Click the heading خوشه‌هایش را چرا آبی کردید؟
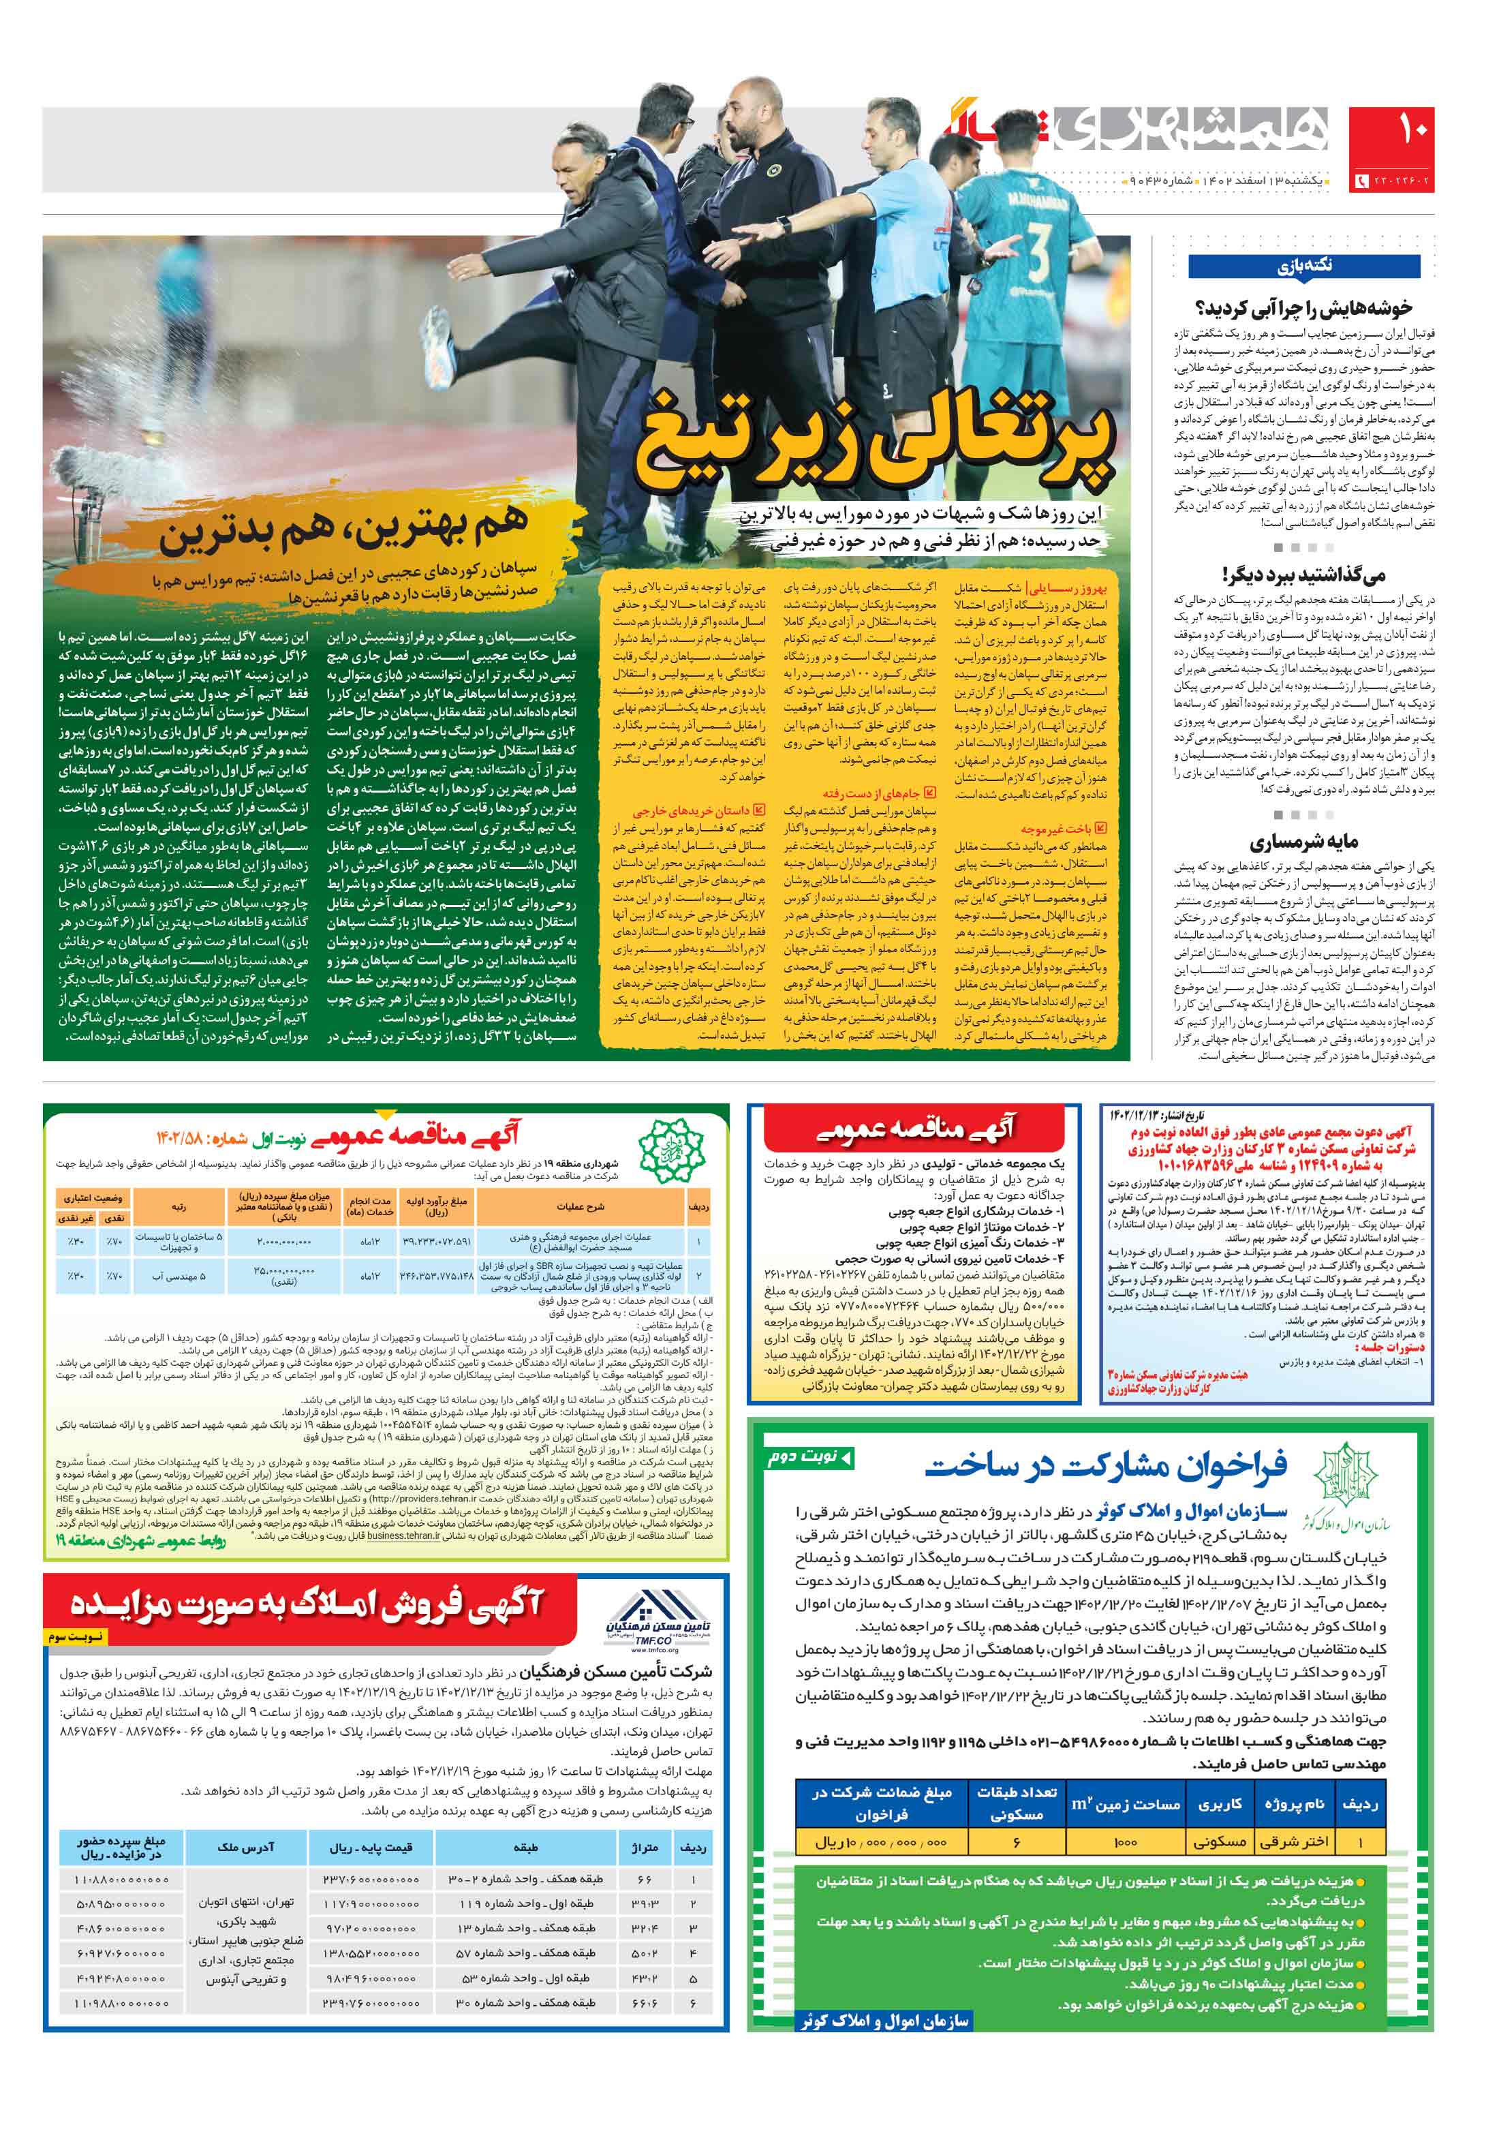[x=1303, y=308]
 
